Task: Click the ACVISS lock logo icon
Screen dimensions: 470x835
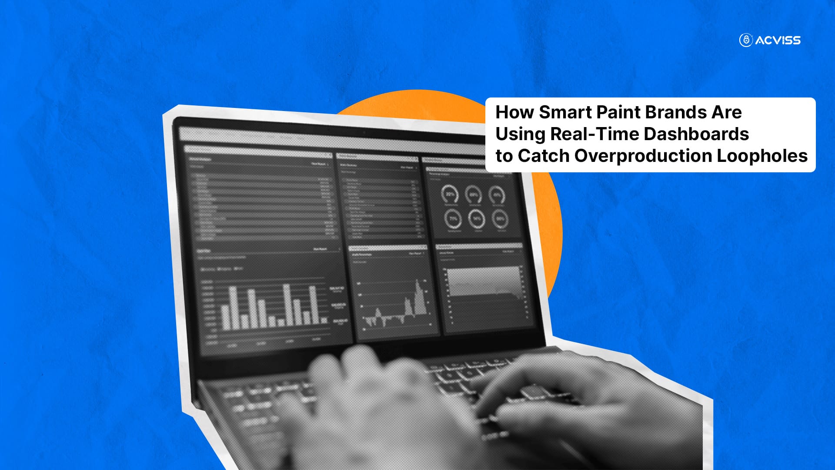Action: click(746, 40)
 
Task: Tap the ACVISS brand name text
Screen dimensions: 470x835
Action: click(778, 40)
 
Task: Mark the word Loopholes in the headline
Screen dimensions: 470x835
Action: click(762, 156)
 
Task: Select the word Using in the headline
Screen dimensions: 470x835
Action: click(520, 134)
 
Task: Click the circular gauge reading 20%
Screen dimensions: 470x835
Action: click(449, 194)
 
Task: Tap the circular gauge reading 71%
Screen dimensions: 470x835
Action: click(453, 218)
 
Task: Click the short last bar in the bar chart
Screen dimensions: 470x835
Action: click(324, 320)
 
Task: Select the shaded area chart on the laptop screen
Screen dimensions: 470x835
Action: click(483, 283)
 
